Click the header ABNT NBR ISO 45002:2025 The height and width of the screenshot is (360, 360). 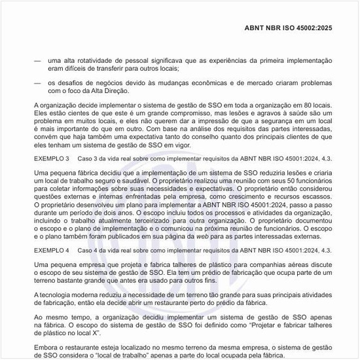coord(289,28)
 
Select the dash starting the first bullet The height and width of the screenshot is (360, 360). coord(37,60)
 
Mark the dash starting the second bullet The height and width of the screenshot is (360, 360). coord(37,82)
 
